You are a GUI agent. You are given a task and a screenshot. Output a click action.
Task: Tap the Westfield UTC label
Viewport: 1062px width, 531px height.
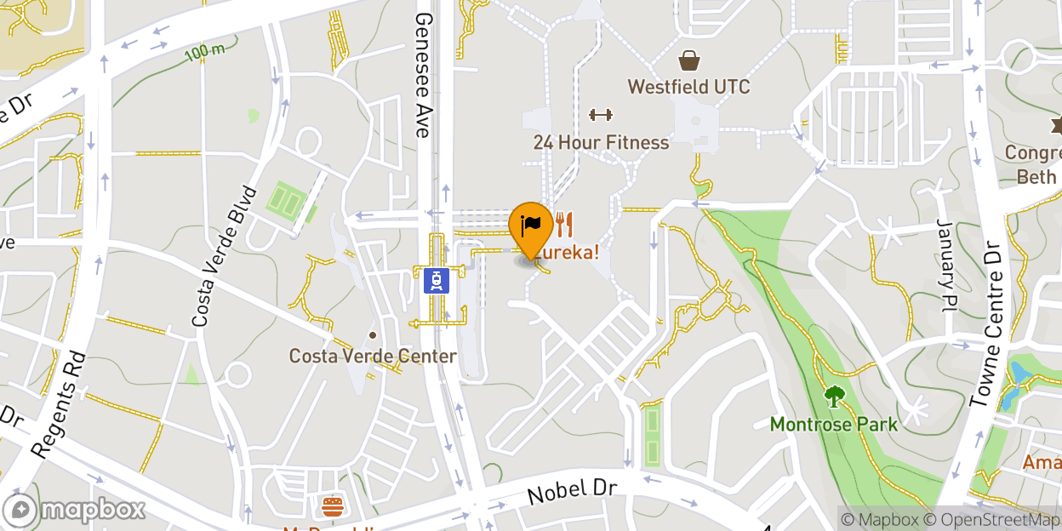(688, 87)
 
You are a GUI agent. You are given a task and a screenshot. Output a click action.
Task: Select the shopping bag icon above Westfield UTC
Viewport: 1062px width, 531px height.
(688, 60)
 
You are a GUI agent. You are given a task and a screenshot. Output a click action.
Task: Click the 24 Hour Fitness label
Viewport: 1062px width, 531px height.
(601, 142)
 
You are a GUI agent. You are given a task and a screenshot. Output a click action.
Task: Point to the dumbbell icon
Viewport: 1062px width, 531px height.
(601, 115)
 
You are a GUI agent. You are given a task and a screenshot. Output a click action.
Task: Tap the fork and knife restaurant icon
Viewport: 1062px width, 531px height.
(563, 225)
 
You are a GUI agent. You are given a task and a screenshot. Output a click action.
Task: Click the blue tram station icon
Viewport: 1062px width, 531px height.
(437, 280)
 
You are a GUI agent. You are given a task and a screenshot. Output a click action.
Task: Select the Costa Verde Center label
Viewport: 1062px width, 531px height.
(373, 356)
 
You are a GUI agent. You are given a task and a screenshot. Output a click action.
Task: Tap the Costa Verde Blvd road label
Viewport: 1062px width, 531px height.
(224, 256)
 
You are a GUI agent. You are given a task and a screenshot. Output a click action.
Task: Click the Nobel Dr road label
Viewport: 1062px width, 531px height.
(571, 490)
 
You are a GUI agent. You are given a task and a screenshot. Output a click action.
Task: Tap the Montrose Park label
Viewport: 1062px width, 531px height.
(833, 424)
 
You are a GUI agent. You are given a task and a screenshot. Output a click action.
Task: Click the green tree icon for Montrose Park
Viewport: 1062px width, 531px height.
(834, 397)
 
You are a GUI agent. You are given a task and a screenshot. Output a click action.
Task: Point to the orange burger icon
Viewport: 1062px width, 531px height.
(332, 508)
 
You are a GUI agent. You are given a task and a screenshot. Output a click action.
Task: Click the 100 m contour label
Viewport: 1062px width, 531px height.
(205, 52)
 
